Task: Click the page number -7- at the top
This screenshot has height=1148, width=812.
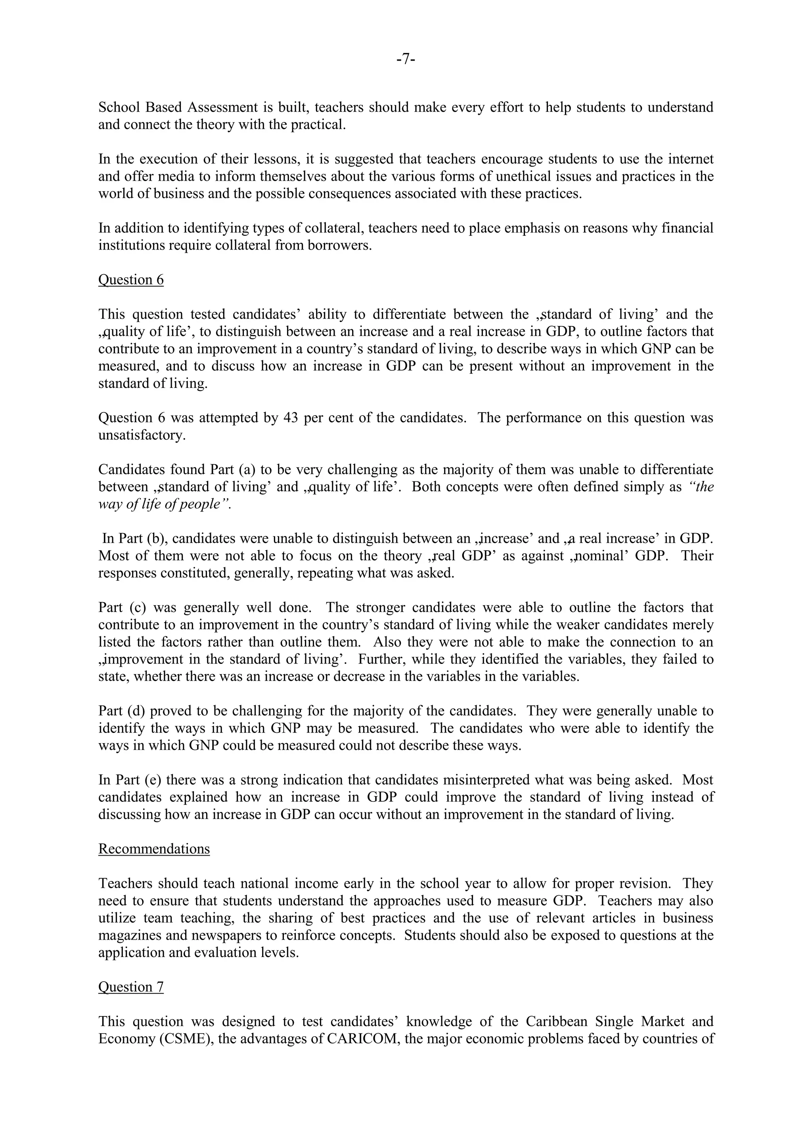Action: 406,59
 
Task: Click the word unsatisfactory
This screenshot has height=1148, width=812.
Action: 142,435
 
